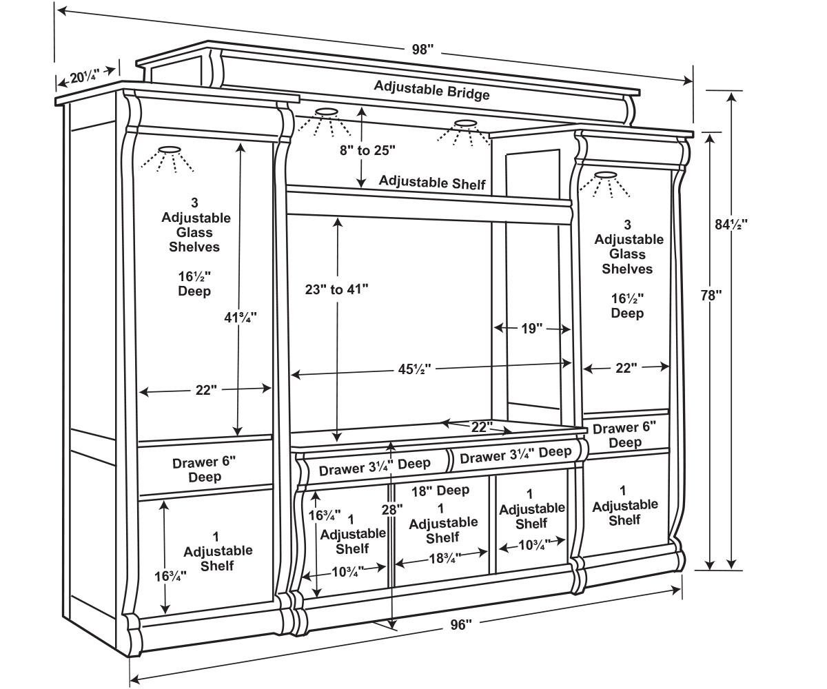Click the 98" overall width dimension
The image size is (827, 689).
(423, 50)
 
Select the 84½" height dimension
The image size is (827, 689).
(731, 223)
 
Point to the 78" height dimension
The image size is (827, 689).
(709, 295)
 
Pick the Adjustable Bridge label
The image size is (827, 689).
(431, 90)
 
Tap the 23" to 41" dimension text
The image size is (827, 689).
(337, 289)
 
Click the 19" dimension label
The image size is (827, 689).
(528, 329)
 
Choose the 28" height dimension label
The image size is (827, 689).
(391, 509)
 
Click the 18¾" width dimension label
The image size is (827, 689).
(442, 559)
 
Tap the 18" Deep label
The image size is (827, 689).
(440, 491)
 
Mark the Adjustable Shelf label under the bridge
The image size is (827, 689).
(432, 183)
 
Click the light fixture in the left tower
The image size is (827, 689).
(168, 150)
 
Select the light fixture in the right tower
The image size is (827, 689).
(605, 175)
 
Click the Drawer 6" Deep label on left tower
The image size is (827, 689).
(205, 469)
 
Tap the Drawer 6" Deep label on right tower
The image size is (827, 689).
(625, 435)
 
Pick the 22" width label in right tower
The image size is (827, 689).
(626, 368)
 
